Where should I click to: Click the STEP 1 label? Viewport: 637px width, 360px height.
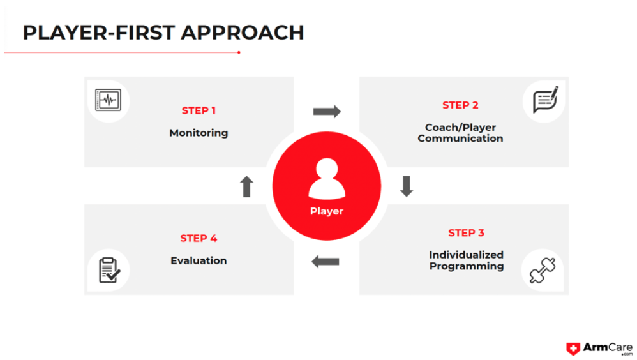[x=199, y=110]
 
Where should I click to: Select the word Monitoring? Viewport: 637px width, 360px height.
[x=199, y=133]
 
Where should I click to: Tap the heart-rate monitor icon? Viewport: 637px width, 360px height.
[x=108, y=100]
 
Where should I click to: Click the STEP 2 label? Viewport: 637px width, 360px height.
[x=460, y=105]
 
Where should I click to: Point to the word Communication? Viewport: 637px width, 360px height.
[x=460, y=139]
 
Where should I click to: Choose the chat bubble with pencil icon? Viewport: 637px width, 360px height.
[x=546, y=100]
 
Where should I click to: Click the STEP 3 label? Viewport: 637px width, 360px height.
[x=466, y=233]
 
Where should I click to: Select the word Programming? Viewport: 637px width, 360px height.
[x=467, y=266]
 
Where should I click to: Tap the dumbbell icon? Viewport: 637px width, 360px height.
[x=543, y=270]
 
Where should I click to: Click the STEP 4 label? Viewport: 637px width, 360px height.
[x=199, y=238]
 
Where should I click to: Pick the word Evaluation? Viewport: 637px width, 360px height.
[x=199, y=260]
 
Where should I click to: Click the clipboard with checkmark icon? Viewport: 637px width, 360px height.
[x=109, y=270]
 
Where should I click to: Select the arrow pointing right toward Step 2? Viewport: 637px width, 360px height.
[x=327, y=111]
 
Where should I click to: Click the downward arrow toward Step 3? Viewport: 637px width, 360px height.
[x=407, y=186]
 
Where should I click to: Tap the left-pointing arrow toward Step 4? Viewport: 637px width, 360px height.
[x=326, y=262]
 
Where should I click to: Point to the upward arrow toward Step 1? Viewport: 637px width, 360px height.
[x=246, y=186]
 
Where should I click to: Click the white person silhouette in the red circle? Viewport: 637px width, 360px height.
[x=327, y=179]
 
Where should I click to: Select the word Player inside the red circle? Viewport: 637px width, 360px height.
[x=327, y=211]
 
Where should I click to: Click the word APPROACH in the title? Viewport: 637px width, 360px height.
[x=242, y=33]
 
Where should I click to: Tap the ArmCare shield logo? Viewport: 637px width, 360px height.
[x=573, y=349]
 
